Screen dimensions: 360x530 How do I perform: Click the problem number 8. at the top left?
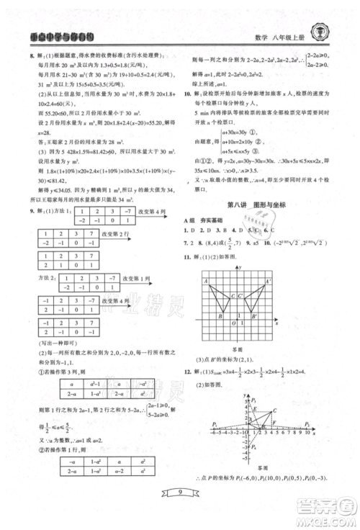[x=30, y=56]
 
